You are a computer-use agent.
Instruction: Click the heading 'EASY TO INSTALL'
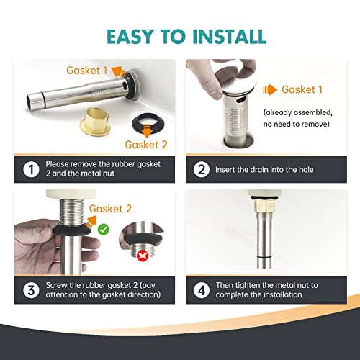pos(180,35)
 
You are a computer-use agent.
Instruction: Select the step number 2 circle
pos(201,169)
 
